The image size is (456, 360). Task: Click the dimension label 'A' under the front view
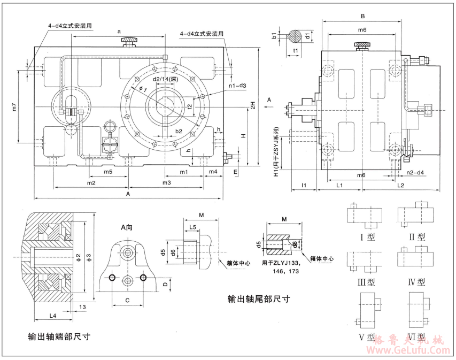[127, 195]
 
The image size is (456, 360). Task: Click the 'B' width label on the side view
[362, 16]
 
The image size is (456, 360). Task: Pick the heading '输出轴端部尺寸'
[59, 337]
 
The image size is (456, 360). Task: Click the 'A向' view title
[127, 227]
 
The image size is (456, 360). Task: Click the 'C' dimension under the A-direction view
[127, 301]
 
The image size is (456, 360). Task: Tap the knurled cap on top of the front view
[129, 40]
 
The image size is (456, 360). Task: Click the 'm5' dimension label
[108, 172]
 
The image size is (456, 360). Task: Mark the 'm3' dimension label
[166, 183]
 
